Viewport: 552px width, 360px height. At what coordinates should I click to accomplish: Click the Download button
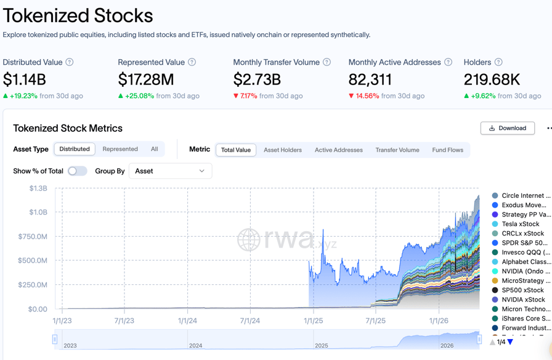click(x=508, y=128)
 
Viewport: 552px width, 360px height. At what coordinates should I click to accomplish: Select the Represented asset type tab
click(x=120, y=149)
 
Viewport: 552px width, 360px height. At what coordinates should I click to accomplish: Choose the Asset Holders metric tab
click(x=283, y=150)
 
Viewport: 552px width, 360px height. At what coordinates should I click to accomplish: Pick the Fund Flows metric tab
click(x=447, y=150)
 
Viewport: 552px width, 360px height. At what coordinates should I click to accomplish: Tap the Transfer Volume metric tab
click(x=397, y=150)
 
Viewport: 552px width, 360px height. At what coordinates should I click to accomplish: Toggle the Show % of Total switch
click(x=77, y=171)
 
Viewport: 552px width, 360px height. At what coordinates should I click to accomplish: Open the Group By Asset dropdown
click(x=170, y=171)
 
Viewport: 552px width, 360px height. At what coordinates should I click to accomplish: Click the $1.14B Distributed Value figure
click(x=25, y=80)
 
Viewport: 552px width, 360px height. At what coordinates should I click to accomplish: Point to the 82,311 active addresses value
click(x=370, y=80)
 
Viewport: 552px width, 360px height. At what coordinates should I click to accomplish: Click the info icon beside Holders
click(x=498, y=62)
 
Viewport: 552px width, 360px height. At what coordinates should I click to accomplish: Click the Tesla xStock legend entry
click(x=520, y=224)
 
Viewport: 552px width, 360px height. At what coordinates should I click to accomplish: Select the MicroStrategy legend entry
click(x=522, y=280)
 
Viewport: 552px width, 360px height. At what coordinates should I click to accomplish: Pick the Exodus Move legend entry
click(x=523, y=205)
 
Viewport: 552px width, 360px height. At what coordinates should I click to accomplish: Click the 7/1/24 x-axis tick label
click(x=250, y=321)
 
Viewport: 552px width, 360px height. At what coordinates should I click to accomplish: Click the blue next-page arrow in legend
click(x=510, y=342)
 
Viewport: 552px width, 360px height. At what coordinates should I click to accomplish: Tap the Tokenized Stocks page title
click(x=78, y=15)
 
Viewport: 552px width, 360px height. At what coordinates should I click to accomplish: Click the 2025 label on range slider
click(x=320, y=345)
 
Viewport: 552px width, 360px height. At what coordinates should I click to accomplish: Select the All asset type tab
click(x=154, y=149)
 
